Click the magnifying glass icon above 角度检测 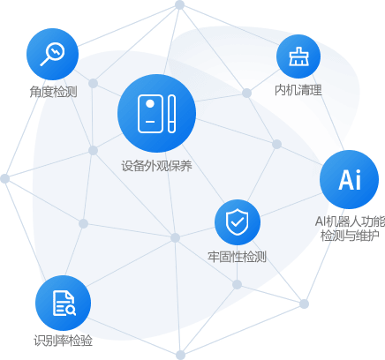point(53,54)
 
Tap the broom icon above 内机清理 point(298,56)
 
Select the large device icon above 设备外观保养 point(156,114)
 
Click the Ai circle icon point(349,179)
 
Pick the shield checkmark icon point(238,222)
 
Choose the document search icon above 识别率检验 point(63,303)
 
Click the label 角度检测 point(53,92)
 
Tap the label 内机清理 point(298,90)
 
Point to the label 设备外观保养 point(156,166)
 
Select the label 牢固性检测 point(237,257)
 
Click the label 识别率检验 point(63,341)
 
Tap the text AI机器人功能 point(350,221)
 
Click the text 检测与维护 point(350,236)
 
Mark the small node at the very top point(179,4)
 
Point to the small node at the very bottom point(180,355)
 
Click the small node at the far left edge point(4,178)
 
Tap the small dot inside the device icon point(150,104)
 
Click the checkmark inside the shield point(238,221)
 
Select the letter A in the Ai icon point(345,180)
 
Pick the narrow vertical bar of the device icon point(172,114)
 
